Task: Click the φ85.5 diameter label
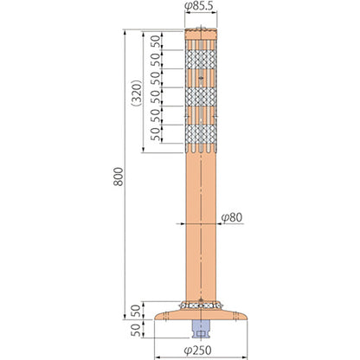(201, 6)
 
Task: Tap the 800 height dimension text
(118, 177)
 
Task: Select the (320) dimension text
(136, 93)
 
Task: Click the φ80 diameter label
(232, 217)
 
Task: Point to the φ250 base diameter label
(197, 350)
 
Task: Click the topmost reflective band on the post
(201, 60)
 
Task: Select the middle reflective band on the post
(201, 97)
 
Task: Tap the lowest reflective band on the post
(201, 134)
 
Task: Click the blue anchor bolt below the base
(201, 329)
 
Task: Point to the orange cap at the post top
(201, 34)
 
